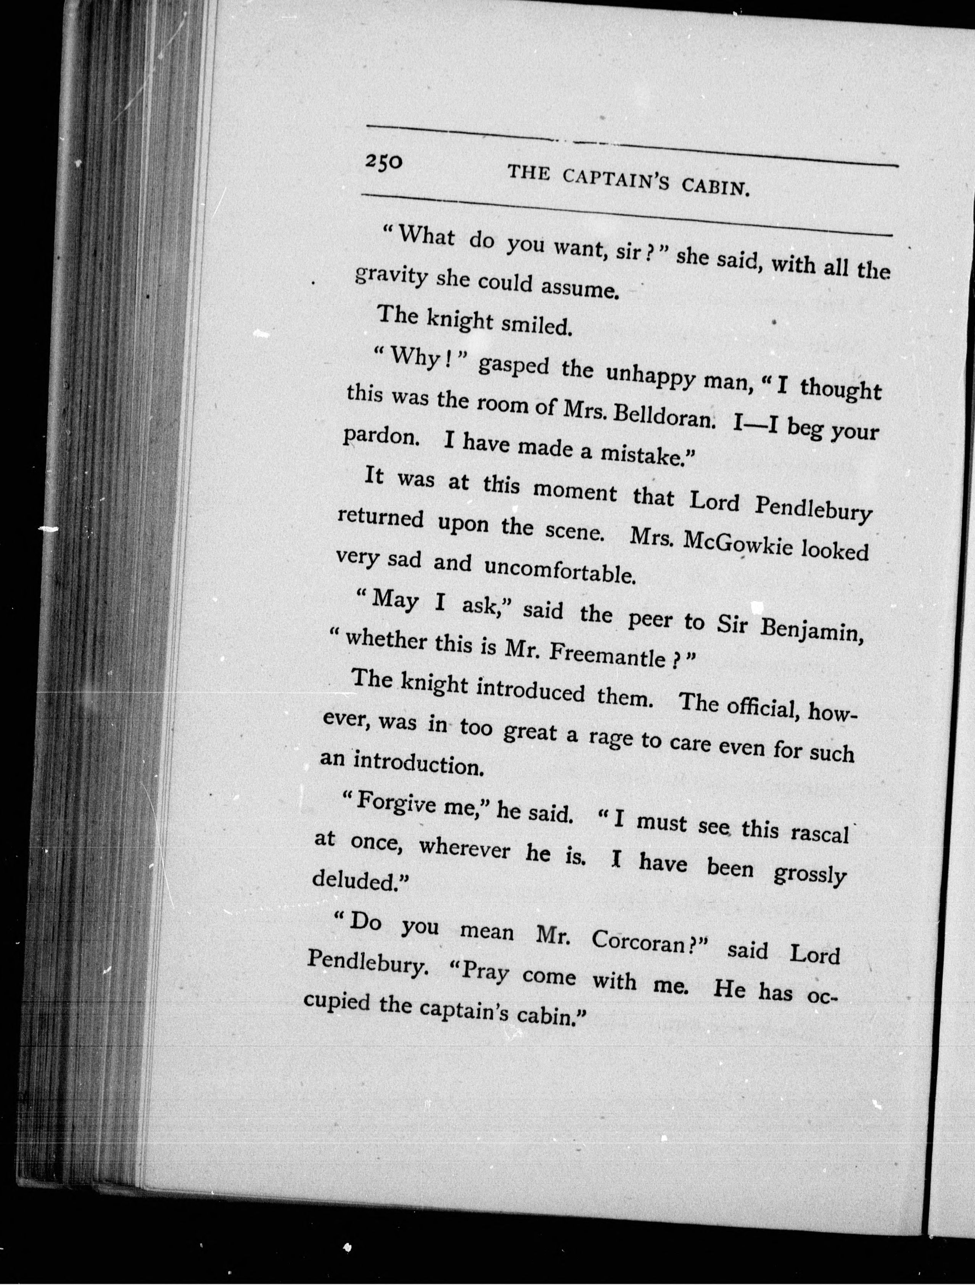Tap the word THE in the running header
pos(528,173)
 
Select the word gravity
pos(391,277)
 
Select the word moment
pos(575,492)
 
